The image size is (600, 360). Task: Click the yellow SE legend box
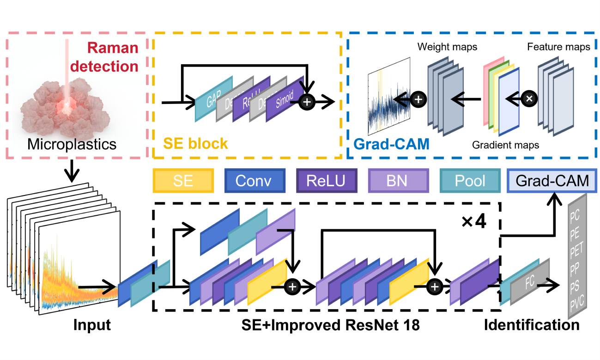click(x=184, y=181)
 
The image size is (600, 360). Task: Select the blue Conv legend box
click(x=254, y=181)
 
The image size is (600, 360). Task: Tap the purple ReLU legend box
click(x=327, y=181)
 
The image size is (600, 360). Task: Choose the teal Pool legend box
click(x=470, y=181)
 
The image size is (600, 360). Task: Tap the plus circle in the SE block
click(x=307, y=100)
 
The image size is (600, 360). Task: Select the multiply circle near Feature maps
click(x=529, y=98)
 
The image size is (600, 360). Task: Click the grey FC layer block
click(x=529, y=282)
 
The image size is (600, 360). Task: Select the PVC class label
click(x=576, y=303)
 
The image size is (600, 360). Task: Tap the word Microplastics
click(x=72, y=144)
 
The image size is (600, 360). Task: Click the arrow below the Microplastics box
click(x=72, y=171)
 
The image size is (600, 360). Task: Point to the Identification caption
click(x=531, y=325)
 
